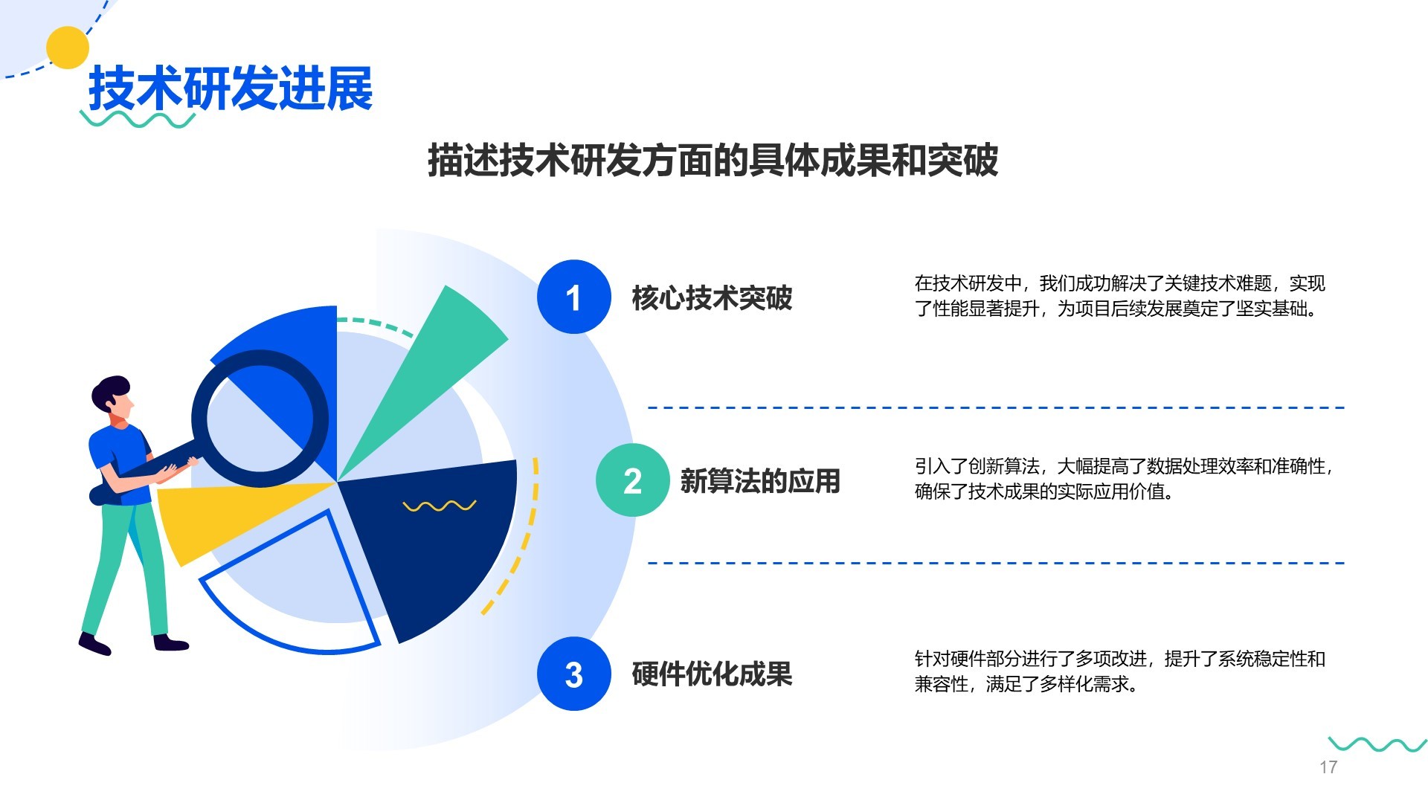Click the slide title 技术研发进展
click(x=231, y=89)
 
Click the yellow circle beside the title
click(x=68, y=48)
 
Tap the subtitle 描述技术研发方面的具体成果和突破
click(x=713, y=161)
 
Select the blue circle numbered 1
click(x=573, y=297)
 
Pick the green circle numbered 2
click(x=632, y=480)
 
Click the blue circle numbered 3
click(x=573, y=674)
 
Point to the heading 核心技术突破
click(x=712, y=297)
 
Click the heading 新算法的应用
click(x=759, y=481)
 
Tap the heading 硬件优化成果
click(x=712, y=674)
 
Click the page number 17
click(x=1328, y=767)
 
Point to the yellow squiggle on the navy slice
click(x=439, y=506)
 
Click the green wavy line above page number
click(x=1377, y=744)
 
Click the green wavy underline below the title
click(x=138, y=119)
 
